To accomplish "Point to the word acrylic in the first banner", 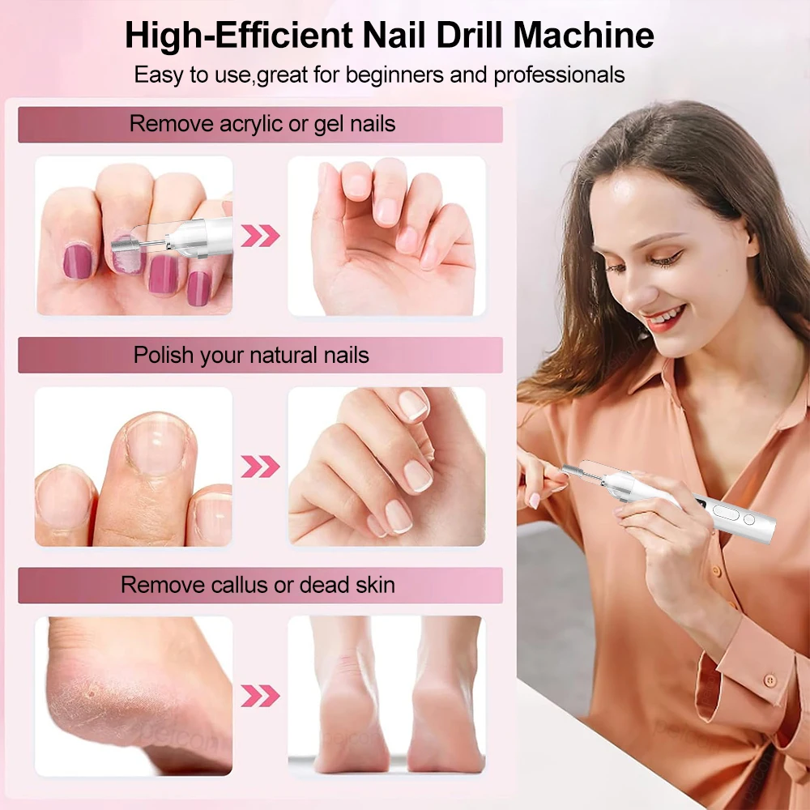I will click(x=251, y=124).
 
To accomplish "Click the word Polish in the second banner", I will click(x=164, y=355).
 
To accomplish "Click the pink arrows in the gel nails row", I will click(x=260, y=236).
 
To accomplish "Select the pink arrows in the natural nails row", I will click(x=260, y=467).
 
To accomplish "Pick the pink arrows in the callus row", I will click(x=260, y=696).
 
